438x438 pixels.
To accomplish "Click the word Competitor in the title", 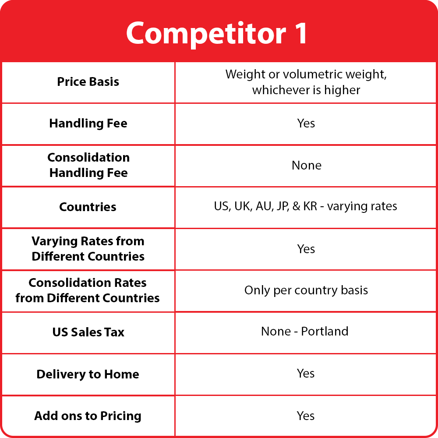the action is coord(206,34).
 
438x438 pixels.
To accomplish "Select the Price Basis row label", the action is coord(88,82).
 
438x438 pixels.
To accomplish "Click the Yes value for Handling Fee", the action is coord(306,123).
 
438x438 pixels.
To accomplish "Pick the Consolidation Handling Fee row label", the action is coord(88,165).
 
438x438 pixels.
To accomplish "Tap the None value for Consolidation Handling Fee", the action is coord(307,166).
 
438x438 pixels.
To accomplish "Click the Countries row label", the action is coord(88,207).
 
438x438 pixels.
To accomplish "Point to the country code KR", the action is coord(310,206).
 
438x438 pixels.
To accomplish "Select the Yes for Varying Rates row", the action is coord(306,249).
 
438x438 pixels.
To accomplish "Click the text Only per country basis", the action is coord(306,290).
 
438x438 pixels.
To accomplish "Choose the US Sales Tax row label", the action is coord(88,332).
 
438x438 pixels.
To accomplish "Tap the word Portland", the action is coord(325,331).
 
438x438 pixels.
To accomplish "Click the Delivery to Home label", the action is coord(88,374).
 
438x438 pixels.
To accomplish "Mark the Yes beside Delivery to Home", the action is coord(306,374).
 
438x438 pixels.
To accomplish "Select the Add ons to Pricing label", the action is coord(88,416).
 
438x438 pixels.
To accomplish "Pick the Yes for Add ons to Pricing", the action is coord(306,416).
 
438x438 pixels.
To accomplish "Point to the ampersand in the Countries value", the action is coord(296,206).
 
